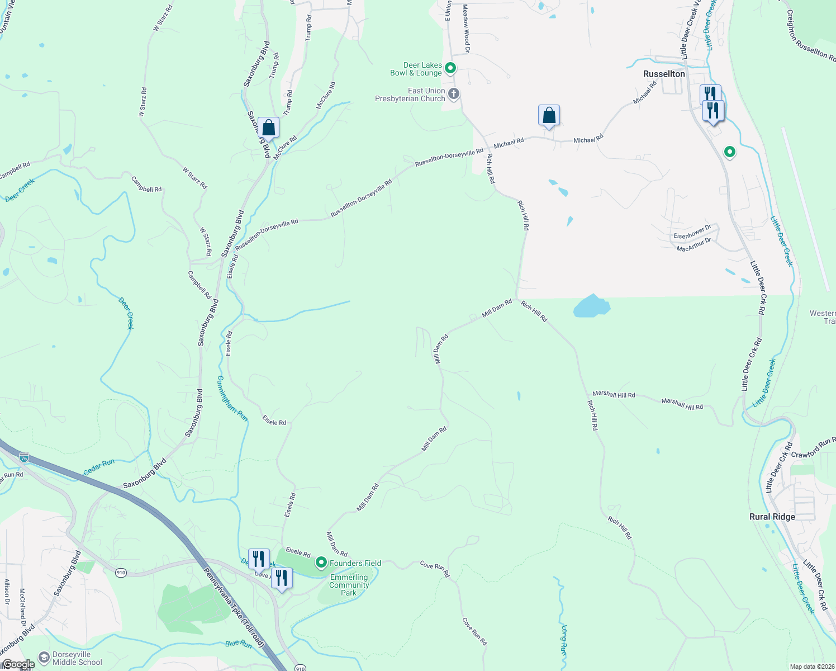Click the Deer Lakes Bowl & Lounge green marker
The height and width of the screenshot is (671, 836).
tap(450, 68)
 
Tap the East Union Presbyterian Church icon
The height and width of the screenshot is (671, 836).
tap(454, 93)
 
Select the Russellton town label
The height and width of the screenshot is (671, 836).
tap(664, 74)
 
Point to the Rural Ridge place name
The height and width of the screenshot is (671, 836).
tap(772, 517)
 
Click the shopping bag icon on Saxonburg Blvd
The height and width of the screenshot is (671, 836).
tap(268, 127)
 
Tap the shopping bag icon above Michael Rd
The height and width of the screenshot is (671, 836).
tap(549, 116)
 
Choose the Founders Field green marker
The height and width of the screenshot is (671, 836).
tap(321, 562)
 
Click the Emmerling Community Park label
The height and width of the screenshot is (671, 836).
tap(349, 585)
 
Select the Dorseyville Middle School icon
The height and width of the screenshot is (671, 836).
tap(44, 658)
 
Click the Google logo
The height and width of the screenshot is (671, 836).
tap(18, 664)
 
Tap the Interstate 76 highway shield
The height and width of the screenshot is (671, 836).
tap(23, 457)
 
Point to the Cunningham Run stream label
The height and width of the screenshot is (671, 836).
tap(232, 398)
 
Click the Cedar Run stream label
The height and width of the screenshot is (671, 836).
tap(99, 467)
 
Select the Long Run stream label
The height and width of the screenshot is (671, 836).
tap(563, 641)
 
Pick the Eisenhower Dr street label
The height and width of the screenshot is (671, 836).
tap(692, 231)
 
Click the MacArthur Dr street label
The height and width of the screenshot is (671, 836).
tap(693, 244)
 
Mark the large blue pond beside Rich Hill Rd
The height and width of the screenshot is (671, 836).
tap(591, 306)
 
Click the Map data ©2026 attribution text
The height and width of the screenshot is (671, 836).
tap(811, 667)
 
